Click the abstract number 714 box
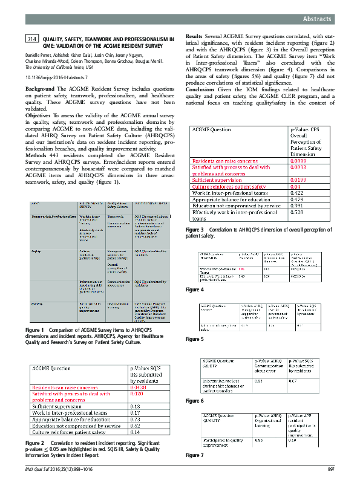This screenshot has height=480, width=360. pos(32,39)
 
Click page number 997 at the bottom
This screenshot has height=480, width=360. pos(330,469)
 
